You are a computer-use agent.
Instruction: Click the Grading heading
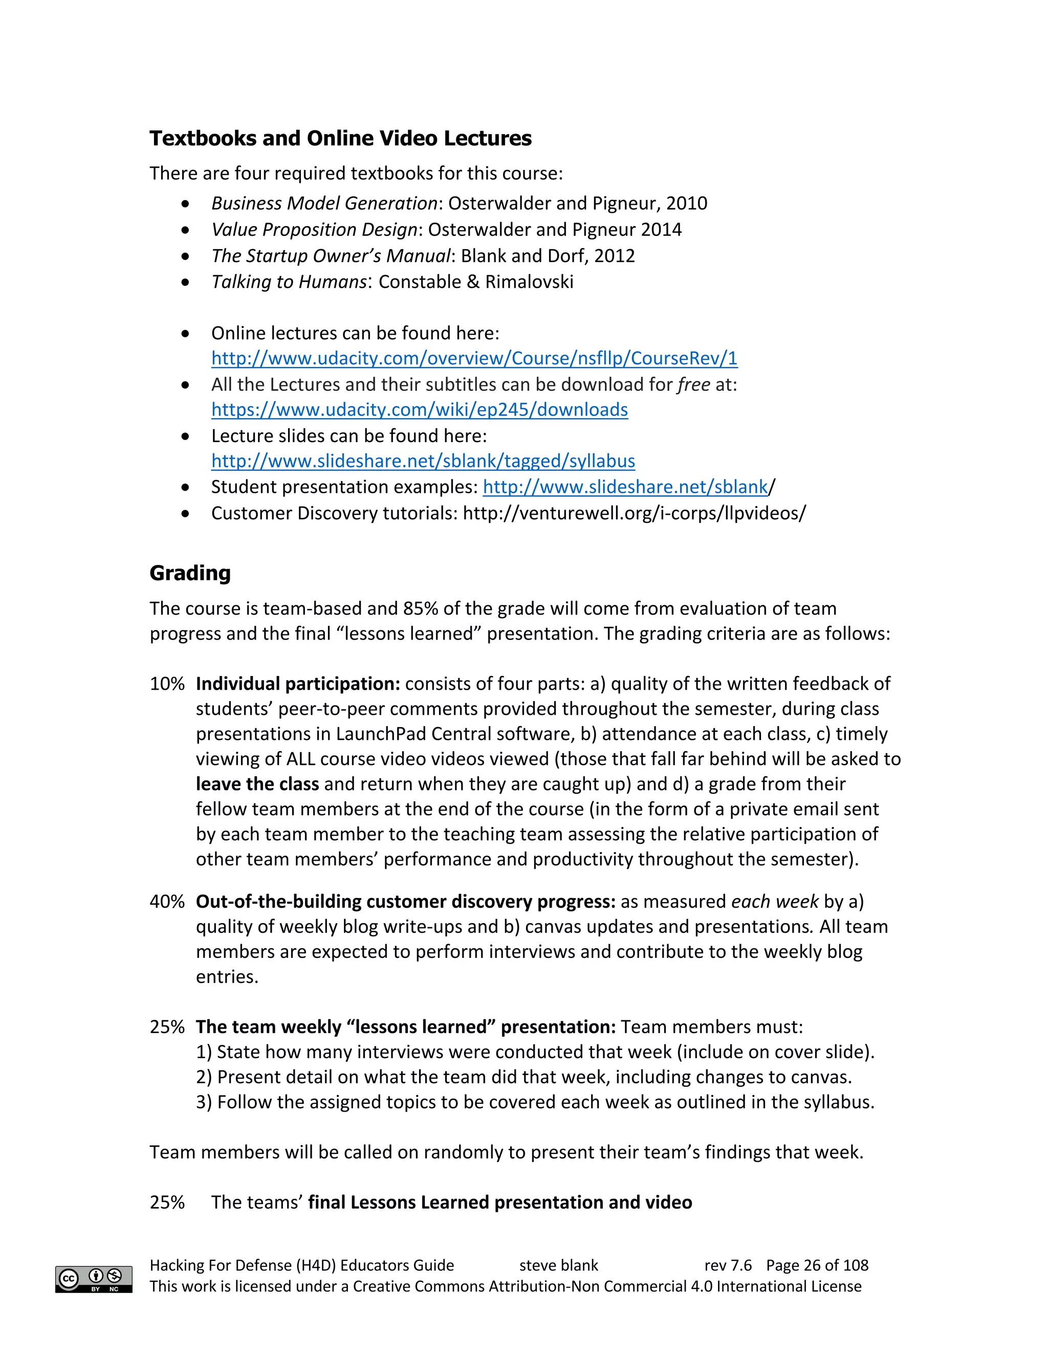point(190,573)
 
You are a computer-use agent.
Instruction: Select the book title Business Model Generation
point(324,203)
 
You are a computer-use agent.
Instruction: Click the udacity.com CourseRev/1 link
point(474,358)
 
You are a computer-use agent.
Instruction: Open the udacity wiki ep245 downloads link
point(419,410)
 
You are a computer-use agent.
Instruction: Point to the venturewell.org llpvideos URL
point(634,513)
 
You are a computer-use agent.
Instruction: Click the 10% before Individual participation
point(166,684)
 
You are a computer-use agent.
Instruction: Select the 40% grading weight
point(166,901)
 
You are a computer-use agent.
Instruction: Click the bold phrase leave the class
point(257,784)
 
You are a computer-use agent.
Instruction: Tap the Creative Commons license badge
point(94,1279)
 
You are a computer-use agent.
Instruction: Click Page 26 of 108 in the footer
point(817,1265)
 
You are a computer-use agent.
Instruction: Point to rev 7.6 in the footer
point(728,1265)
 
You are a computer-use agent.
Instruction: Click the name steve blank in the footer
point(558,1265)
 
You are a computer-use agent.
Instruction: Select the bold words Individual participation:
point(298,684)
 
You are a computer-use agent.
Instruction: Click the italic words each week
point(775,901)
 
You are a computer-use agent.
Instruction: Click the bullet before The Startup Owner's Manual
point(186,256)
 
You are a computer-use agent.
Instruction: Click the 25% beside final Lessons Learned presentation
point(166,1202)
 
